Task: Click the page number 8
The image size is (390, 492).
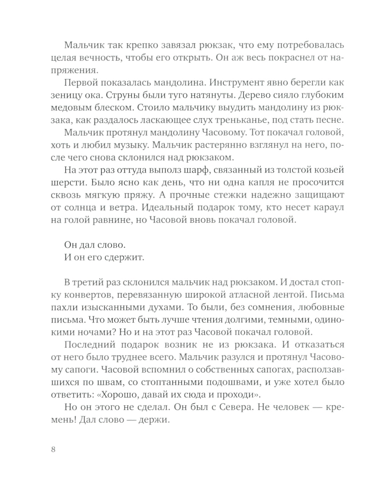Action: (53, 449)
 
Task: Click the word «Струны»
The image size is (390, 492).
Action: (125, 96)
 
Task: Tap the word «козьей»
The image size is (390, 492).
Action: (328, 171)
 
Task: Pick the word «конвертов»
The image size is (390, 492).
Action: (82, 295)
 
